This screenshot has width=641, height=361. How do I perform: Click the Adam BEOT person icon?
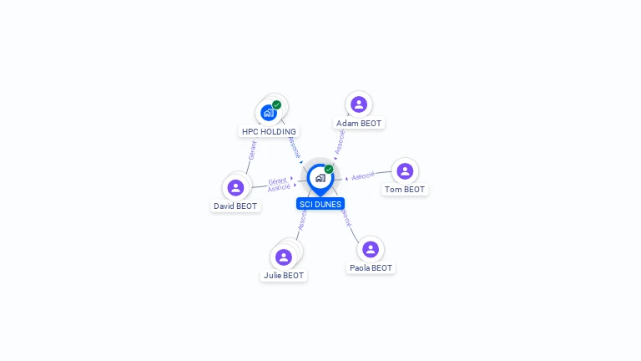pos(359,104)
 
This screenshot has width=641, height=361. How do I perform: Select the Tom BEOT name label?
pos(405,190)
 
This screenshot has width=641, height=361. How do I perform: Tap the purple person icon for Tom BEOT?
pos(405,171)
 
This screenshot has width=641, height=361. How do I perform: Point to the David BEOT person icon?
pos(235,187)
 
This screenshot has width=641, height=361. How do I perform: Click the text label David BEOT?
pos(235,206)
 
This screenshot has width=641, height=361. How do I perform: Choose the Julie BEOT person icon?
pos(284,257)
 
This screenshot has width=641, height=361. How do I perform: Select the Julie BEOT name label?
pos(284,276)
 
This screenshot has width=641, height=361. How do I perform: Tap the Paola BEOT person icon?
pos(371,249)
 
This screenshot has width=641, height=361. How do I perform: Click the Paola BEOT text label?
pos(371,268)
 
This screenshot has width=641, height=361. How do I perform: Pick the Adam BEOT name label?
pos(359,124)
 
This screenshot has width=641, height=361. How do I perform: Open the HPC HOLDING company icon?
pos(268,113)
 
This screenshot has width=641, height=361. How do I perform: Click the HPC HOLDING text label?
pos(269,132)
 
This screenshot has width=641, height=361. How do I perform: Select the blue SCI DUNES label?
pos(320,204)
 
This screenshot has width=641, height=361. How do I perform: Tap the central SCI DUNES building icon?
pos(320,178)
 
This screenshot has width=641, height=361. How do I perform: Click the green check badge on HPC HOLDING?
pos(277,105)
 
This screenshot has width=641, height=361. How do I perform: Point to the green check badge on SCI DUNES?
pos(329,170)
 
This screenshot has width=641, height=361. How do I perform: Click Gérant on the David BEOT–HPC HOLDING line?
pos(252,150)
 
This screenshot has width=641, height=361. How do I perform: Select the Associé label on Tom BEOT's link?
pos(363,176)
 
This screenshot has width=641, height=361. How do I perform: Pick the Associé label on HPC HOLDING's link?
pos(293,146)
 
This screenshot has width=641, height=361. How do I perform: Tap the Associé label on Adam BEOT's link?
pos(340,141)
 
